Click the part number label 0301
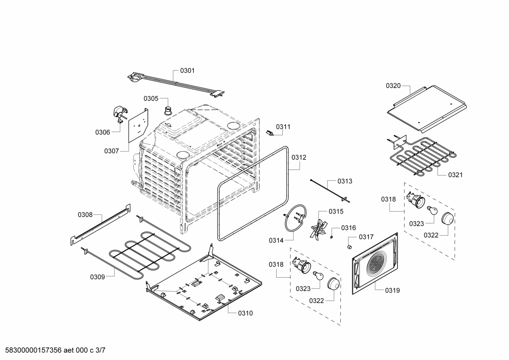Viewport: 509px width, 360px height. [x=187, y=71]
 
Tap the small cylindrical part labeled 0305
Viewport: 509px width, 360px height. [x=168, y=110]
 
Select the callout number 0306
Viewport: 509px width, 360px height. [x=102, y=132]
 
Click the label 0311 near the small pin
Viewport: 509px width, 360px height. [x=283, y=127]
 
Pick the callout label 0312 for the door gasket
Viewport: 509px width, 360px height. [x=299, y=158]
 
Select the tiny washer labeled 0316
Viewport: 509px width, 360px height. [x=332, y=237]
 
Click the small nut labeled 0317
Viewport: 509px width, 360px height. [x=350, y=246]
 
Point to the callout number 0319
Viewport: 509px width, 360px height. [x=392, y=290]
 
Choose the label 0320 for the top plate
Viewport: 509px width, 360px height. [x=393, y=85]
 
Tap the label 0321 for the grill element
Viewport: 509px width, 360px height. [x=455, y=175]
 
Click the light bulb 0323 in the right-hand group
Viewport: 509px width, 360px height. [x=432, y=211]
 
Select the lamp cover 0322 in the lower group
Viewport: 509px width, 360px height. [x=334, y=284]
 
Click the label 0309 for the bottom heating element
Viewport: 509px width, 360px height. [x=97, y=277]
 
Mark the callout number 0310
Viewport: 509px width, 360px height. [x=245, y=313]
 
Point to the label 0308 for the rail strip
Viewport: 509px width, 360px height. [x=85, y=214]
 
